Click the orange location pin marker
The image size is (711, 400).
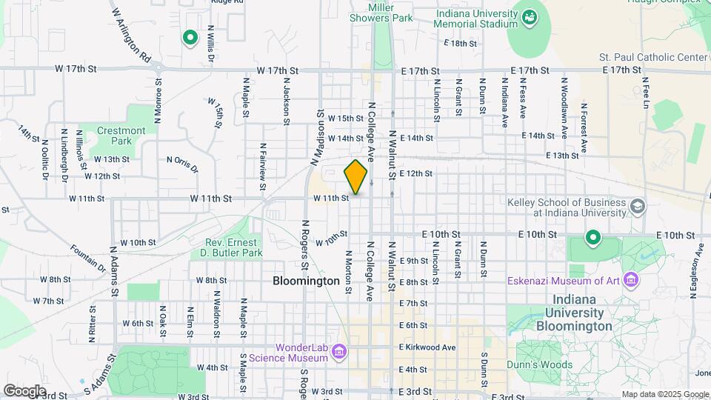pos(355,177)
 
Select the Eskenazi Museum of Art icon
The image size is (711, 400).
pos(630,281)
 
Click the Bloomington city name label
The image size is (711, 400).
pos(305,281)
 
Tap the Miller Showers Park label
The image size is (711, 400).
pos(381,13)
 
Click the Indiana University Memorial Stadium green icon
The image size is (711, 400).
pos(530,16)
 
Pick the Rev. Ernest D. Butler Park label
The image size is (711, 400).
pos(234,247)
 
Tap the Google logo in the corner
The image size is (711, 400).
pos(25,390)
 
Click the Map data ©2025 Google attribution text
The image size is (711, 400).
pos(664,394)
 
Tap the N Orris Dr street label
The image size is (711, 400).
pos(182,163)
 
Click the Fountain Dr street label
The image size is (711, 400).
pos(89,256)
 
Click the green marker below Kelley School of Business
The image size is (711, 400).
pos(592,238)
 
